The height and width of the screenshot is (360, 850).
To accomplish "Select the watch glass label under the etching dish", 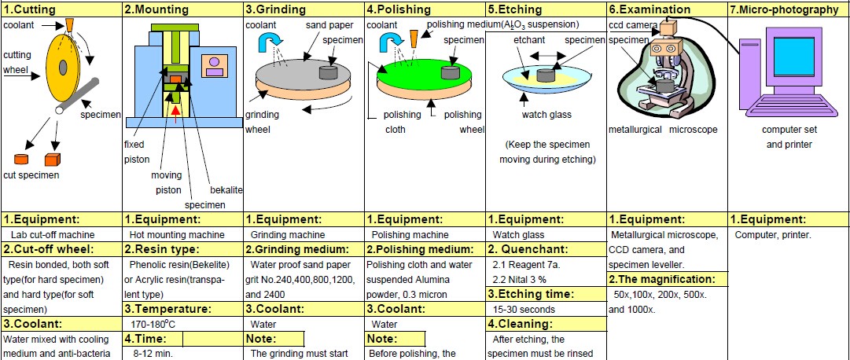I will tap(546, 115).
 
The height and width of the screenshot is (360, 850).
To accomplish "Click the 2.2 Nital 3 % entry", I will tap(523, 279).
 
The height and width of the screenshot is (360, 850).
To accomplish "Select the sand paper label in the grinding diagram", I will tap(324, 26).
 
